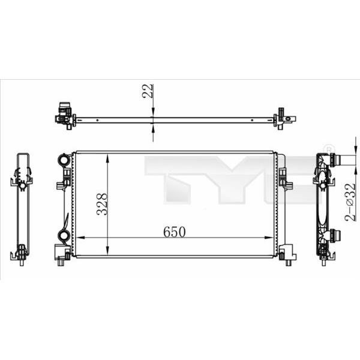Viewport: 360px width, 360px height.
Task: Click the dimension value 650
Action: click(174, 232)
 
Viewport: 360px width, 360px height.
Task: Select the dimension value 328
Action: click(102, 204)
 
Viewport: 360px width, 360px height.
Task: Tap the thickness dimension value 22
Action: click(148, 91)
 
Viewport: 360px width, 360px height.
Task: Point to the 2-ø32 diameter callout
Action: click(350, 202)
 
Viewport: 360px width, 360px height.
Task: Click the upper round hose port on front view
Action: click(64, 159)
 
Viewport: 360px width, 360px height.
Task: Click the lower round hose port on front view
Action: click(64, 235)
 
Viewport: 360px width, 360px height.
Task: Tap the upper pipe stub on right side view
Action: click(335, 160)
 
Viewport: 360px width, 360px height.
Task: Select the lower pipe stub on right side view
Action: click(335, 236)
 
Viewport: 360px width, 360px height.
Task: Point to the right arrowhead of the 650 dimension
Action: click(269, 238)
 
